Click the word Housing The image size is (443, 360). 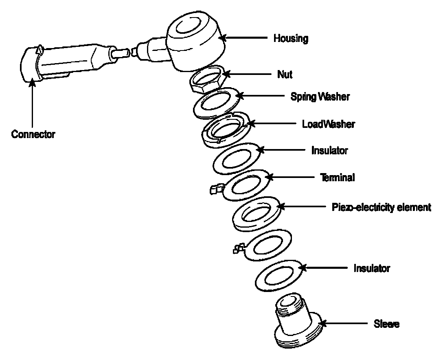coord(291,38)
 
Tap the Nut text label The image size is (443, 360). coord(285,74)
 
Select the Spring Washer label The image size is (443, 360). coord(320,97)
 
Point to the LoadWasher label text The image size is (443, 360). coord(329,124)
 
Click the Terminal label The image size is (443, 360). coord(337,178)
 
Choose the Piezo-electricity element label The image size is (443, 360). coord(382,207)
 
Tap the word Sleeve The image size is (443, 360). coord(386,324)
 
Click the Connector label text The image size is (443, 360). coord(33,134)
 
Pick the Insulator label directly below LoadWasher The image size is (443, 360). coord(329,151)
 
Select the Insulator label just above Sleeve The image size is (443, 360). coord(372,268)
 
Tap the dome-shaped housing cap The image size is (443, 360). coord(196,41)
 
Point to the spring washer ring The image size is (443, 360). coord(217,103)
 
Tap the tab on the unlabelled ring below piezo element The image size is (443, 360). coord(239,248)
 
